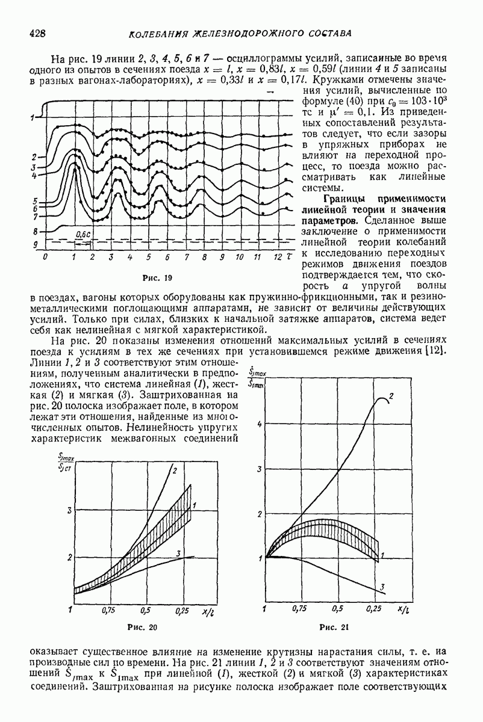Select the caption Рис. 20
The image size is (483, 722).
pyautogui.click(x=143, y=628)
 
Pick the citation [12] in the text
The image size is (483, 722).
pyautogui.click(x=436, y=351)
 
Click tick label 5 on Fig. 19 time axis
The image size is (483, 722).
pyautogui.click(x=149, y=258)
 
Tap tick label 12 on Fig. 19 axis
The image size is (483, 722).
pyautogui.click(x=276, y=258)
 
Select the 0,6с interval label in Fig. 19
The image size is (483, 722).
pyautogui.click(x=82, y=235)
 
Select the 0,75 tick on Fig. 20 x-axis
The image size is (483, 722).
pyautogui.click(x=108, y=610)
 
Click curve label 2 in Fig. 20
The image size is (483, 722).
pyautogui.click(x=174, y=469)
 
